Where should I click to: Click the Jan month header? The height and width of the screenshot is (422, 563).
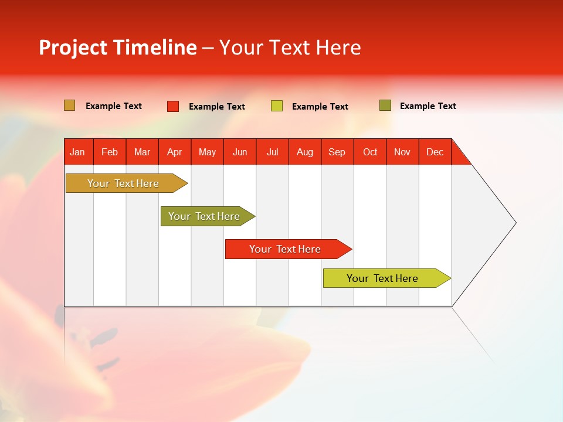[x=77, y=152]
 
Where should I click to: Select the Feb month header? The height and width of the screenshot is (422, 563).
[x=110, y=152]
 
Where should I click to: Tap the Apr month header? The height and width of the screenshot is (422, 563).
[x=174, y=152]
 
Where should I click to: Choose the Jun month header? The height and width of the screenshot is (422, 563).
[x=240, y=152]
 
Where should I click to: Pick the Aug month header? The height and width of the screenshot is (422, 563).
[x=305, y=152]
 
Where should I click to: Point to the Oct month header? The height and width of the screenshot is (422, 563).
[x=370, y=152]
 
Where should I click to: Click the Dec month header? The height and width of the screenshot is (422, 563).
[x=435, y=152]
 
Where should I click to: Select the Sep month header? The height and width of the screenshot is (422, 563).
[x=337, y=152]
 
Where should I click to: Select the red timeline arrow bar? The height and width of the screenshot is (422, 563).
[x=286, y=249]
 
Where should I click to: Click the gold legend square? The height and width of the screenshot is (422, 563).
[x=70, y=105]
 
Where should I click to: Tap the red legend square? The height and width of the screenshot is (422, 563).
[x=173, y=106]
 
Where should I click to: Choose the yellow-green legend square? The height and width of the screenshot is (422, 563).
[x=277, y=106]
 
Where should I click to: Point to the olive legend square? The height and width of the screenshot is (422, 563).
[x=385, y=105]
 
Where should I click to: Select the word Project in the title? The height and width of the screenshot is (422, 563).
[x=72, y=47]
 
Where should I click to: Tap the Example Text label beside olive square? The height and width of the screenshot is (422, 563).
[x=428, y=106]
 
